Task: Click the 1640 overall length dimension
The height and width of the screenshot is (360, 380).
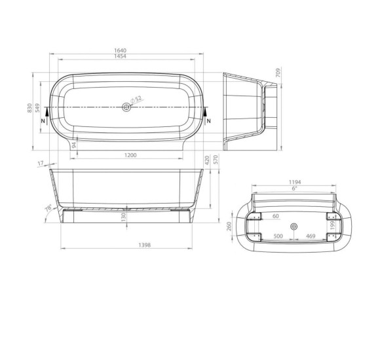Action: (120, 50)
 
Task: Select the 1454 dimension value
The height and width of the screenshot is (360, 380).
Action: (120, 56)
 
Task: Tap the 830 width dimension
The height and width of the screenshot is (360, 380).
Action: (29, 108)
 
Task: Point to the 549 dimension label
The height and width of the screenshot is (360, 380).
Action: (37, 108)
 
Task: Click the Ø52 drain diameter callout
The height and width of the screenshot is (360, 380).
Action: (136, 99)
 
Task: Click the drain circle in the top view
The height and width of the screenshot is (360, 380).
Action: (126, 107)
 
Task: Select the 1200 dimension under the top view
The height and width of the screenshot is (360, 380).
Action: (130, 155)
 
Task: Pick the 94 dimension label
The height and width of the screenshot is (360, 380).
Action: (74, 145)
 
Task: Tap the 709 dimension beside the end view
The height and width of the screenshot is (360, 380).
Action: (278, 73)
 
